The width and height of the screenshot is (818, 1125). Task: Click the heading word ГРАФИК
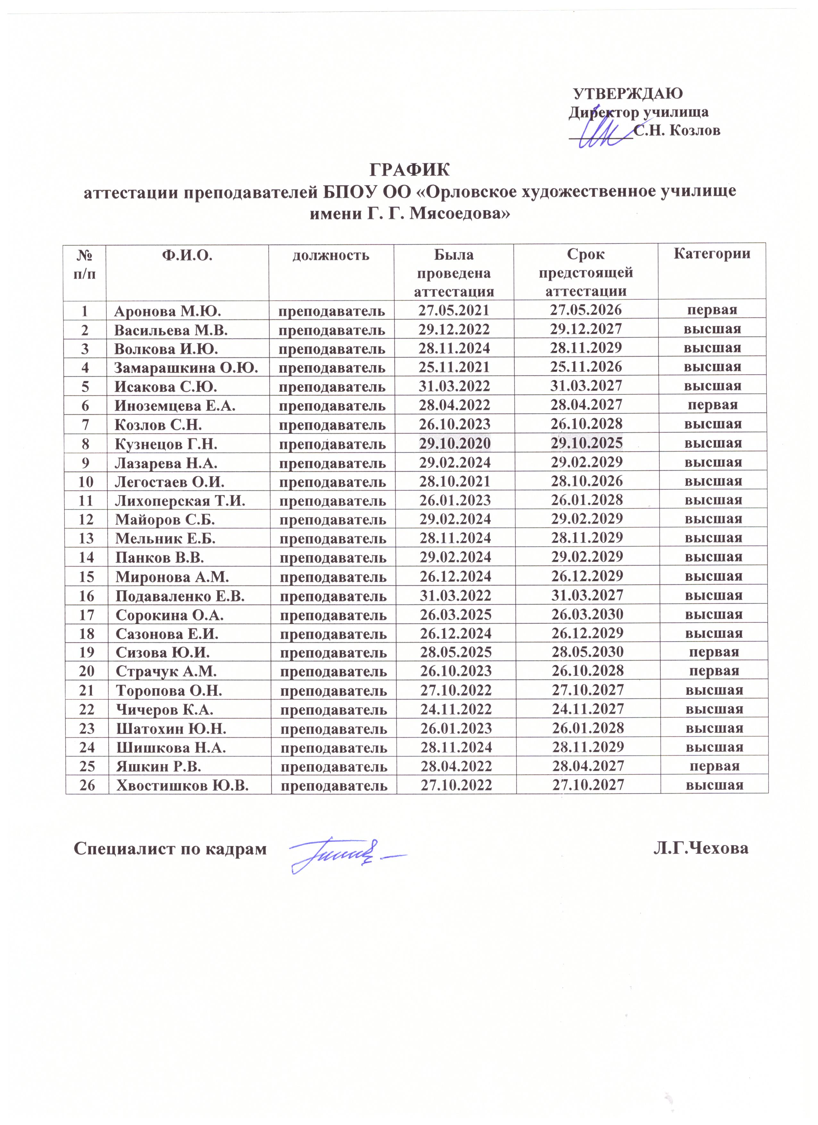409,170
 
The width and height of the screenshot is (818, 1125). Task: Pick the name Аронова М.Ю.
168,311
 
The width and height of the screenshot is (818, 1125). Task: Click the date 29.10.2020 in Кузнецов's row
455,443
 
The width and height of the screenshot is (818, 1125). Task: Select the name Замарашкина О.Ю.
186,368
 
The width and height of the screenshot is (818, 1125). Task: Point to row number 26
87,785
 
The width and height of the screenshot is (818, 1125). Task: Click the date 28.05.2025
456,652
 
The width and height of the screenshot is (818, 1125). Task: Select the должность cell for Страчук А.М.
333,671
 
